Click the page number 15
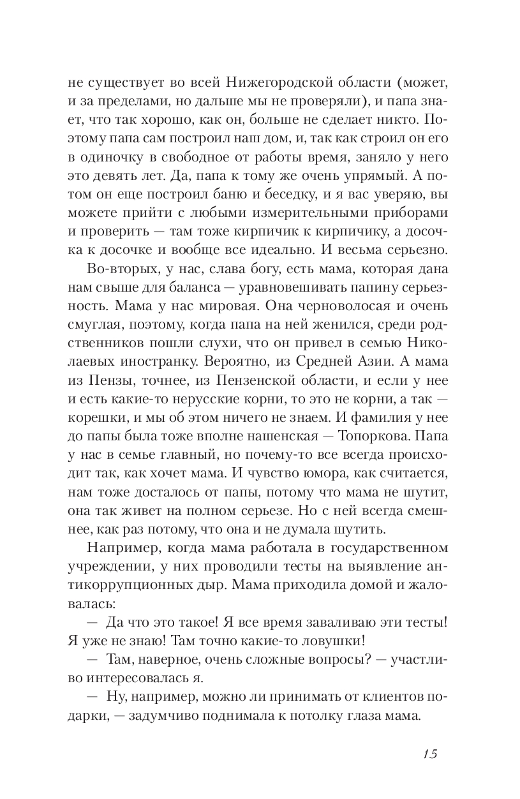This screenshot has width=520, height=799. tap(429, 753)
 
